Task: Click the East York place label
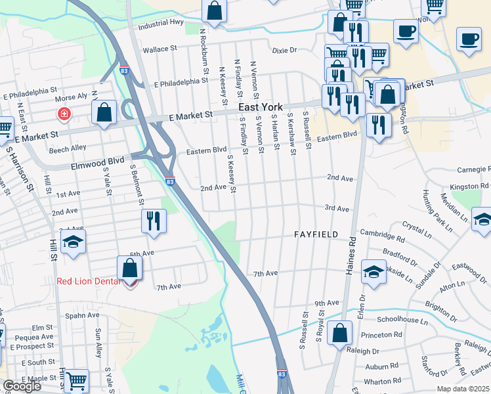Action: tap(260, 107)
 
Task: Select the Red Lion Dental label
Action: tap(89, 282)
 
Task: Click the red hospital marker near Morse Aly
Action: tap(64, 114)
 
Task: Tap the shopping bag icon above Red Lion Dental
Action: tap(130, 269)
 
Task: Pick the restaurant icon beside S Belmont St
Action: tap(153, 221)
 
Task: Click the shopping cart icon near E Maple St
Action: tap(76, 380)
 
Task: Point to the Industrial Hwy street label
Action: tap(161, 28)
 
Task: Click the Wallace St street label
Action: tap(160, 49)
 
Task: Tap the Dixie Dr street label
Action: tap(284, 50)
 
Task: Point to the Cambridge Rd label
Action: tap(382, 236)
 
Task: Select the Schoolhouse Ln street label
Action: tap(402, 320)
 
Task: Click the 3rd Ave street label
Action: tap(337, 208)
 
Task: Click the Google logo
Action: tap(22, 386)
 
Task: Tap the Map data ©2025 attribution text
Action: tap(463, 389)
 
